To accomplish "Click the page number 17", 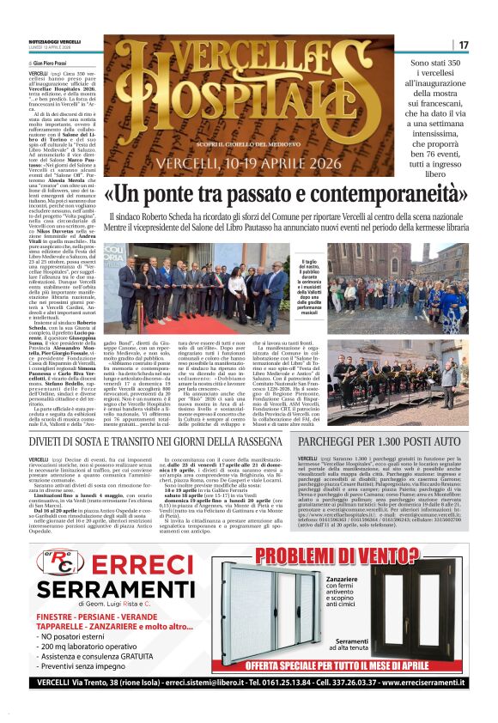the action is [x=463, y=45].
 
